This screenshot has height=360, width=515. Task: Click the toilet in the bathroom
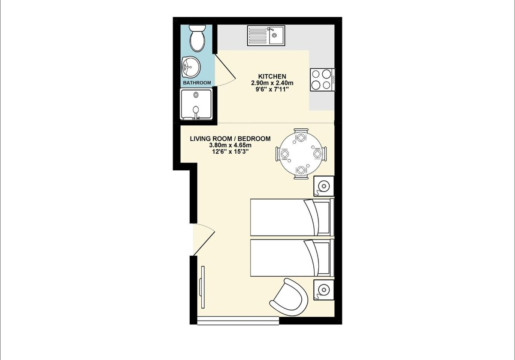pyautogui.click(x=197, y=38)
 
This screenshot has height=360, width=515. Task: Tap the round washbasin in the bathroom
pyautogui.click(x=191, y=67)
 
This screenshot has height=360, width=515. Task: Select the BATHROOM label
pyautogui.click(x=197, y=83)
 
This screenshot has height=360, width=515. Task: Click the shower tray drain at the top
pyautogui.click(x=196, y=94)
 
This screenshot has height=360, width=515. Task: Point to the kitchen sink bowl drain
pyautogui.click(x=274, y=35)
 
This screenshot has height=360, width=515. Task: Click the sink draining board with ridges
pyautogui.click(x=258, y=36)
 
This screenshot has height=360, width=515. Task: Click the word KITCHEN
pyautogui.click(x=272, y=76)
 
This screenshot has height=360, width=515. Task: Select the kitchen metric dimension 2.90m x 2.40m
pyautogui.click(x=272, y=83)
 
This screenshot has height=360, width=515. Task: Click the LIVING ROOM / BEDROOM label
pyautogui.click(x=230, y=139)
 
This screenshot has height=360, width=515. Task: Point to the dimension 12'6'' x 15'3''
pyautogui.click(x=230, y=152)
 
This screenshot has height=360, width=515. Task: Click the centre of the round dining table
pyautogui.click(x=301, y=154)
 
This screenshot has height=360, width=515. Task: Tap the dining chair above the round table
pyautogui.click(x=301, y=133)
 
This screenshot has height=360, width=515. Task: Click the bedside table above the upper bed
pyautogui.click(x=324, y=186)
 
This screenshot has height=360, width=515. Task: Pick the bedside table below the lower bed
pyautogui.click(x=324, y=290)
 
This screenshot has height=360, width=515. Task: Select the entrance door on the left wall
pyautogui.click(x=203, y=239)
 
